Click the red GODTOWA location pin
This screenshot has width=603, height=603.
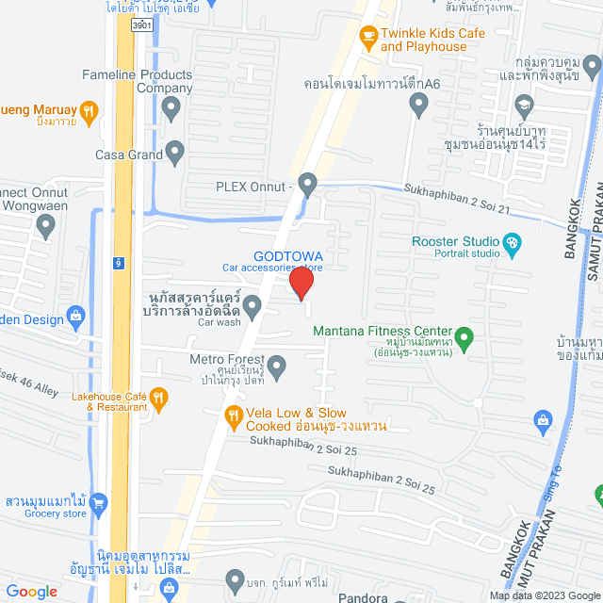[x=301, y=283]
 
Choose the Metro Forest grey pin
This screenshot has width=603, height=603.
[x=276, y=366]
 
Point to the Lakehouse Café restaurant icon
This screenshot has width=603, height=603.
[x=158, y=399]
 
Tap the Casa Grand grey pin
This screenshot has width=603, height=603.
[x=175, y=153]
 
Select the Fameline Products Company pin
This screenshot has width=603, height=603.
[x=171, y=109]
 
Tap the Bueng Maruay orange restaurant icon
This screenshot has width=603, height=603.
[x=88, y=112]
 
